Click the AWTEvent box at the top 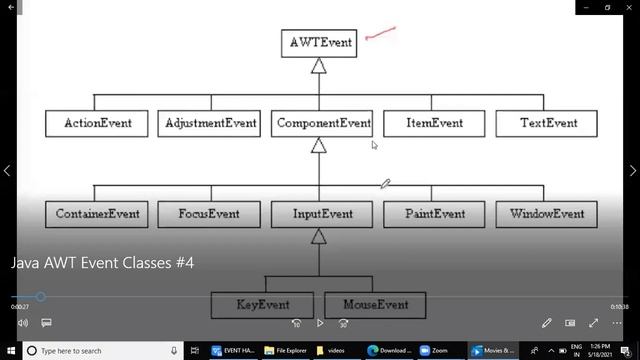(x=319, y=43)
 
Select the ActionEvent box (x=97, y=123)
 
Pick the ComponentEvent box (x=322, y=123)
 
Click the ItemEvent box (x=434, y=123)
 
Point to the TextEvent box (x=547, y=123)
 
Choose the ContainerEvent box (x=97, y=214)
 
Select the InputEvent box (x=322, y=214)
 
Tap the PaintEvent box (x=434, y=214)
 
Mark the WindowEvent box (x=547, y=214)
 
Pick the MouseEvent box (x=375, y=304)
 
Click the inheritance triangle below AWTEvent (x=319, y=66)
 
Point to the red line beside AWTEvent (x=381, y=35)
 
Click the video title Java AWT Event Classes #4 (x=102, y=263)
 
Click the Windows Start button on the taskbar (x=10, y=351)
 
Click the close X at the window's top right (x=627, y=8)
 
